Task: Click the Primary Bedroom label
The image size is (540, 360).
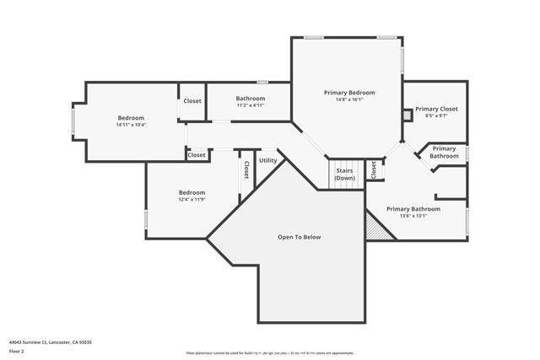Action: point(349,92)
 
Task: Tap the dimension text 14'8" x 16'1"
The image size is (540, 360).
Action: point(349,99)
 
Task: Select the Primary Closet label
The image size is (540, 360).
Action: point(436,109)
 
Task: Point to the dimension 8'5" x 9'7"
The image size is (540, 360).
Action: point(436,116)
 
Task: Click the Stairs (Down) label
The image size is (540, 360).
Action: point(344,175)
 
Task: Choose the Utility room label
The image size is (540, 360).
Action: point(267,160)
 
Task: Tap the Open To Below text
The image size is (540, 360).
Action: point(300,237)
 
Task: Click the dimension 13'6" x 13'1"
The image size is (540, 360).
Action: point(413,216)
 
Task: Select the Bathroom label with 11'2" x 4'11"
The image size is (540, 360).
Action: point(251,99)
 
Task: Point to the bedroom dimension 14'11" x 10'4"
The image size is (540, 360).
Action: point(131,125)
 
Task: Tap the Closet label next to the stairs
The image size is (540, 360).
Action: point(373,169)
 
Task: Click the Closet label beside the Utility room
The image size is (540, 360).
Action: point(246,169)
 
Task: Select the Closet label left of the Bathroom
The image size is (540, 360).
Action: point(192,101)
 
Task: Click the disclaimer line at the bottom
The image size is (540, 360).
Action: point(270,352)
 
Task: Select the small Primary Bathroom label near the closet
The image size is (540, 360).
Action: point(445,152)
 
